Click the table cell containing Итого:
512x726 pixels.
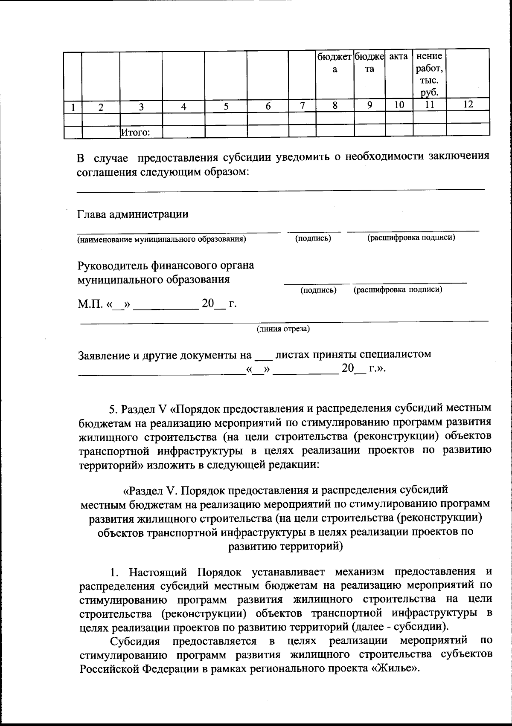pyautogui.click(x=141, y=133)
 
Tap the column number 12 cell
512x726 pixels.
pyautogui.click(x=468, y=105)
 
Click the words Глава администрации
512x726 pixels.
pyautogui.click(x=133, y=214)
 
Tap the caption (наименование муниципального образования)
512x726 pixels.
pyautogui.click(x=161, y=239)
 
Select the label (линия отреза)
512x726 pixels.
pyautogui.click(x=283, y=329)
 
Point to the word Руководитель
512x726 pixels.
pyautogui.click(x=112, y=266)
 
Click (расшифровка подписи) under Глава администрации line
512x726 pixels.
pyautogui.click(x=411, y=237)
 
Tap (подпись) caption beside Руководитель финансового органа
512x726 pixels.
pyautogui.click(x=318, y=290)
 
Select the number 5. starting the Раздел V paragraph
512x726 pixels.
pyautogui.click(x=113, y=409)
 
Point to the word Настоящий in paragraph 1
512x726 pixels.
pyautogui.click(x=159, y=571)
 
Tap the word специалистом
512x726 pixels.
pyautogui.click(x=395, y=354)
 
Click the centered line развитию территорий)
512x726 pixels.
pyautogui.click(x=285, y=547)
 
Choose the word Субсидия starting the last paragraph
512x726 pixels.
pyautogui.click(x=135, y=641)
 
